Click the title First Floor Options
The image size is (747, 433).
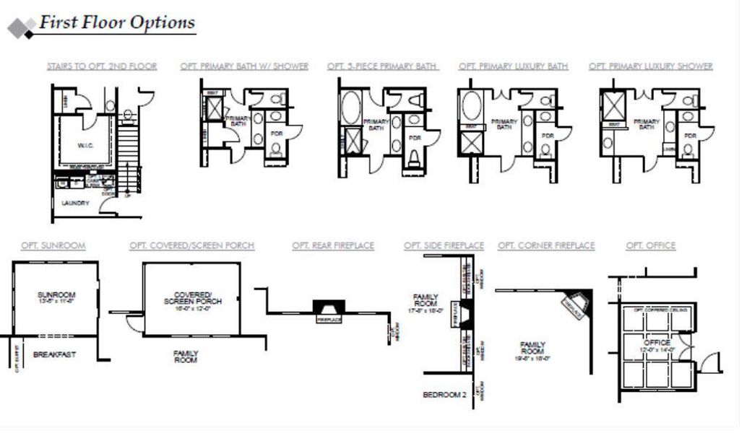[x=117, y=22]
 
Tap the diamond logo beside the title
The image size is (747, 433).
[x=22, y=28]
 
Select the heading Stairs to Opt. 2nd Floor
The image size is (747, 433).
[x=102, y=66]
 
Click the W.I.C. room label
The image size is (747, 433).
[x=86, y=145]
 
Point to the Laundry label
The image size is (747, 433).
[x=75, y=204]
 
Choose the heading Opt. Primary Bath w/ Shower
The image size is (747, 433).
[x=244, y=66]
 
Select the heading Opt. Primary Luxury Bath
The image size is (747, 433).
[x=513, y=66]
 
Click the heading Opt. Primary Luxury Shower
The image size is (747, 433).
[x=650, y=66]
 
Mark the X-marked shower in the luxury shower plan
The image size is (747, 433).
[x=615, y=104]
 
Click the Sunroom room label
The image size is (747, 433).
[x=56, y=295]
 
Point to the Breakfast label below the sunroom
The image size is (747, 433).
[x=54, y=355]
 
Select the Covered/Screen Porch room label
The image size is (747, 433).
[x=192, y=297]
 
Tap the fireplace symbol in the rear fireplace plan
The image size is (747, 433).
[x=328, y=309]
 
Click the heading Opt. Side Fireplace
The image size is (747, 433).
[x=444, y=246]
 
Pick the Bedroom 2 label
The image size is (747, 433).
[x=444, y=395]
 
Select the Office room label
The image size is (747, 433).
[x=657, y=342]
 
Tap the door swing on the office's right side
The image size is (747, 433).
[x=711, y=362]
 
